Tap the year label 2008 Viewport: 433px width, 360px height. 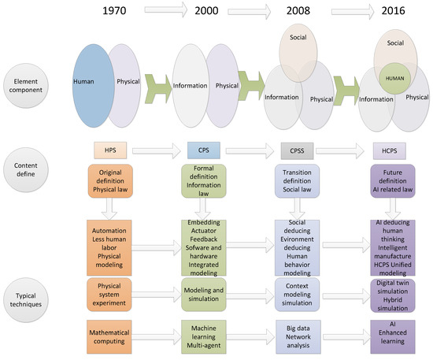[296, 14]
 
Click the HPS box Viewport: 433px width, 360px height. [109, 150]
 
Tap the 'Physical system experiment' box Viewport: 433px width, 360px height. [109, 288]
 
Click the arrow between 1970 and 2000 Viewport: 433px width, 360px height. [155, 13]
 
